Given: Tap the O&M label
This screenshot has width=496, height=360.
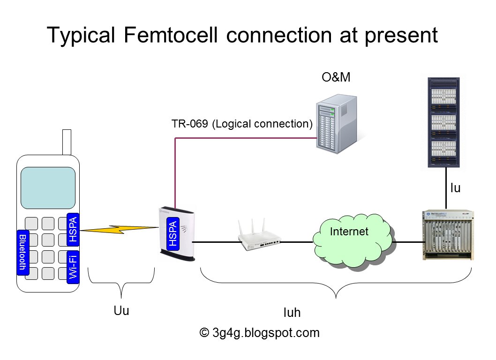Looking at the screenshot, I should [x=336, y=77].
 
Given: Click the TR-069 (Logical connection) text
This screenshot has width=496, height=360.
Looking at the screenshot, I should [x=241, y=124].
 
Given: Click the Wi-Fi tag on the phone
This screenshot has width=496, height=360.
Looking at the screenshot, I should [x=73, y=266].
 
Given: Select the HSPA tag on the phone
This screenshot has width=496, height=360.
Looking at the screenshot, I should [x=73, y=229].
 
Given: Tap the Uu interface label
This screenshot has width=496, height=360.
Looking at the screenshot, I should [x=121, y=311].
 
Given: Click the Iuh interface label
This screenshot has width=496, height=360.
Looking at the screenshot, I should [x=291, y=313].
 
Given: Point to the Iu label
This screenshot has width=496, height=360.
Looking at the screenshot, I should [x=455, y=188].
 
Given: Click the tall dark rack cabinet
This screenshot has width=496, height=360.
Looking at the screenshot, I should [x=445, y=122].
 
